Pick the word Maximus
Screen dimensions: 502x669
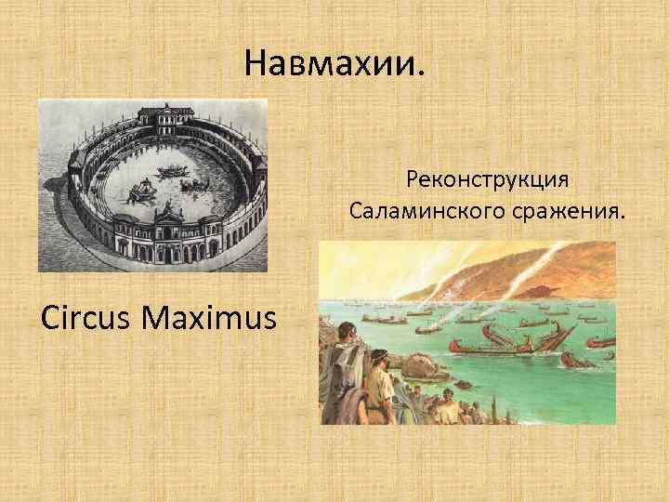click(210, 319)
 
